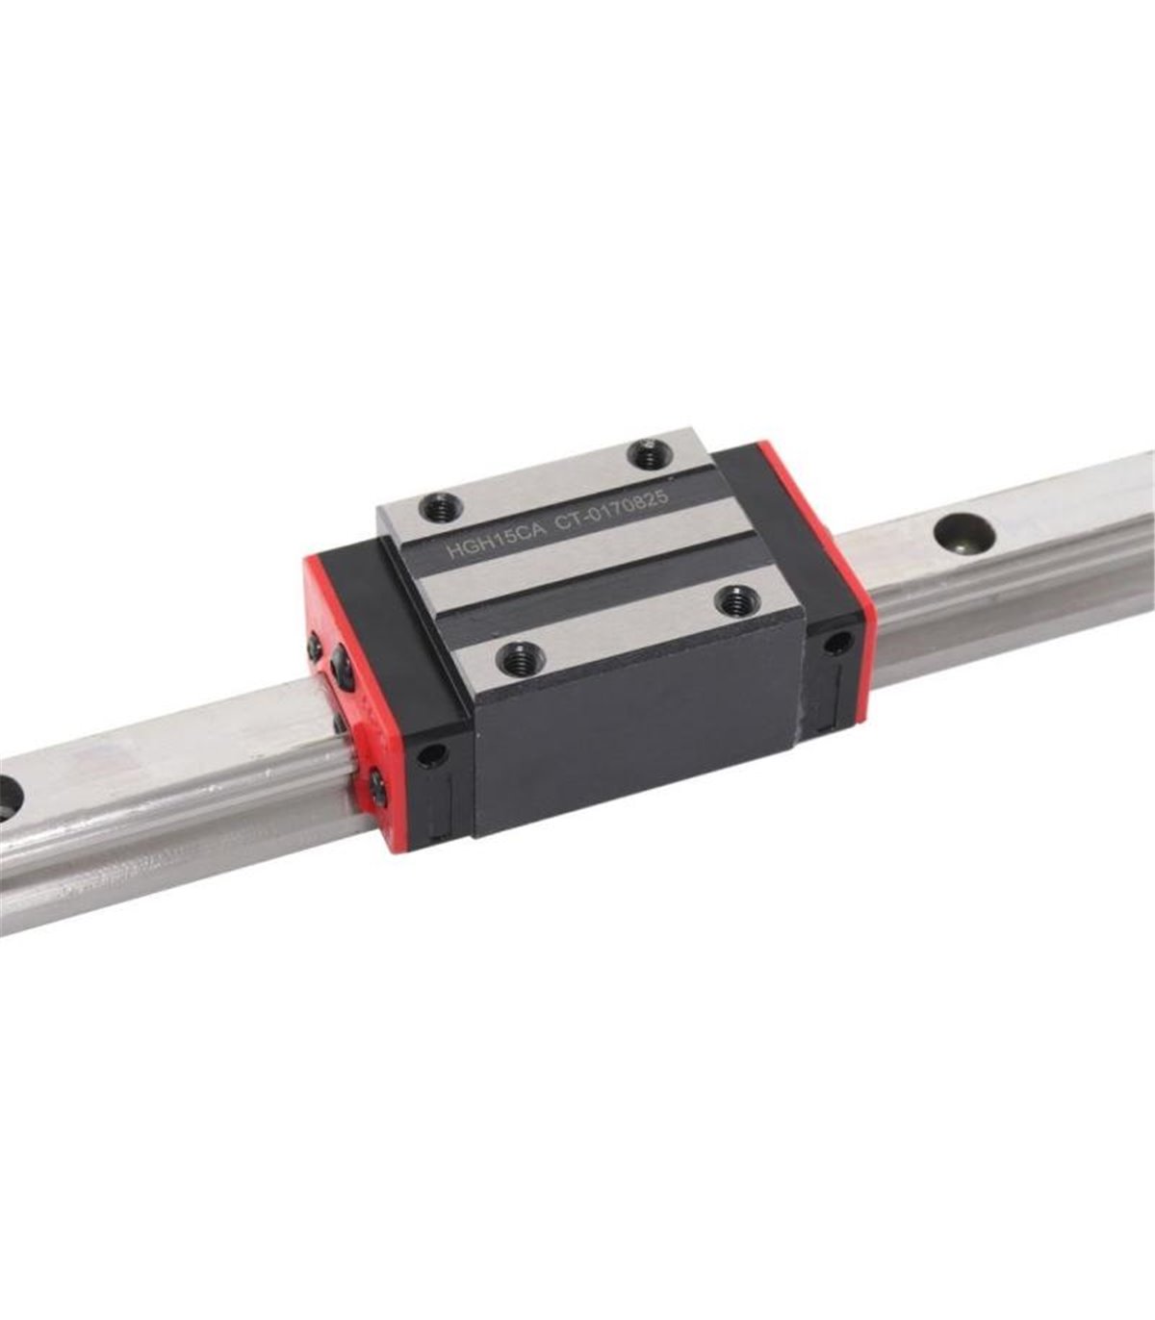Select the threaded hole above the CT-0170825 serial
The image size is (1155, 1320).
(x=651, y=454)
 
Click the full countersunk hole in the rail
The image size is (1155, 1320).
(x=965, y=533)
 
